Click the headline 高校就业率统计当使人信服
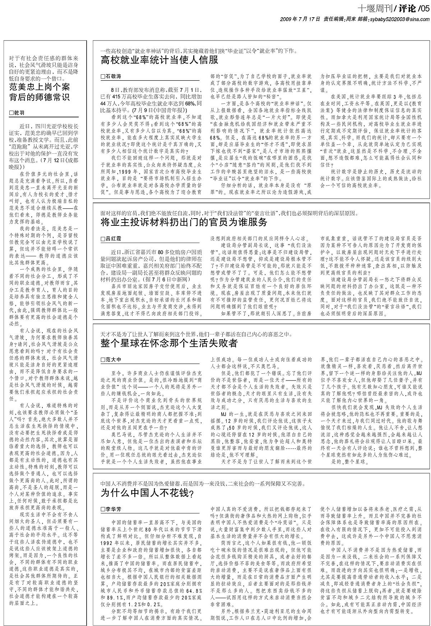[x=159, y=60]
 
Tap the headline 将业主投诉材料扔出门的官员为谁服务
[x=184, y=222]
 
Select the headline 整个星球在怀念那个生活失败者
[x=169, y=344]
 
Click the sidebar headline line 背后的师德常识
[x=40, y=97]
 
